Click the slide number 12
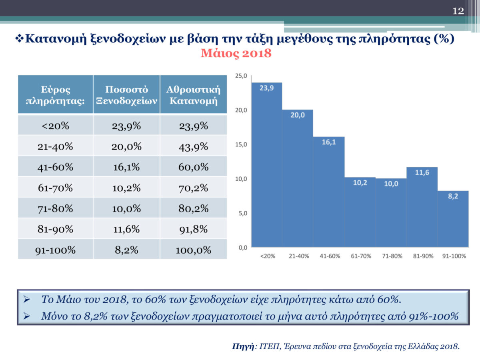point(458,11)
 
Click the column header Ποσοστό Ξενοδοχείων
point(126,95)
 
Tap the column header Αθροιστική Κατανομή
point(194,95)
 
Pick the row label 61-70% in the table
point(55,188)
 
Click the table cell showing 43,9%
point(194,146)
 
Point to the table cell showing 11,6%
point(126,229)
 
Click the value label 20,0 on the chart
point(298,115)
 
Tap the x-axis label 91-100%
point(454,256)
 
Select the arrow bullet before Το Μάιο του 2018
point(27,300)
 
